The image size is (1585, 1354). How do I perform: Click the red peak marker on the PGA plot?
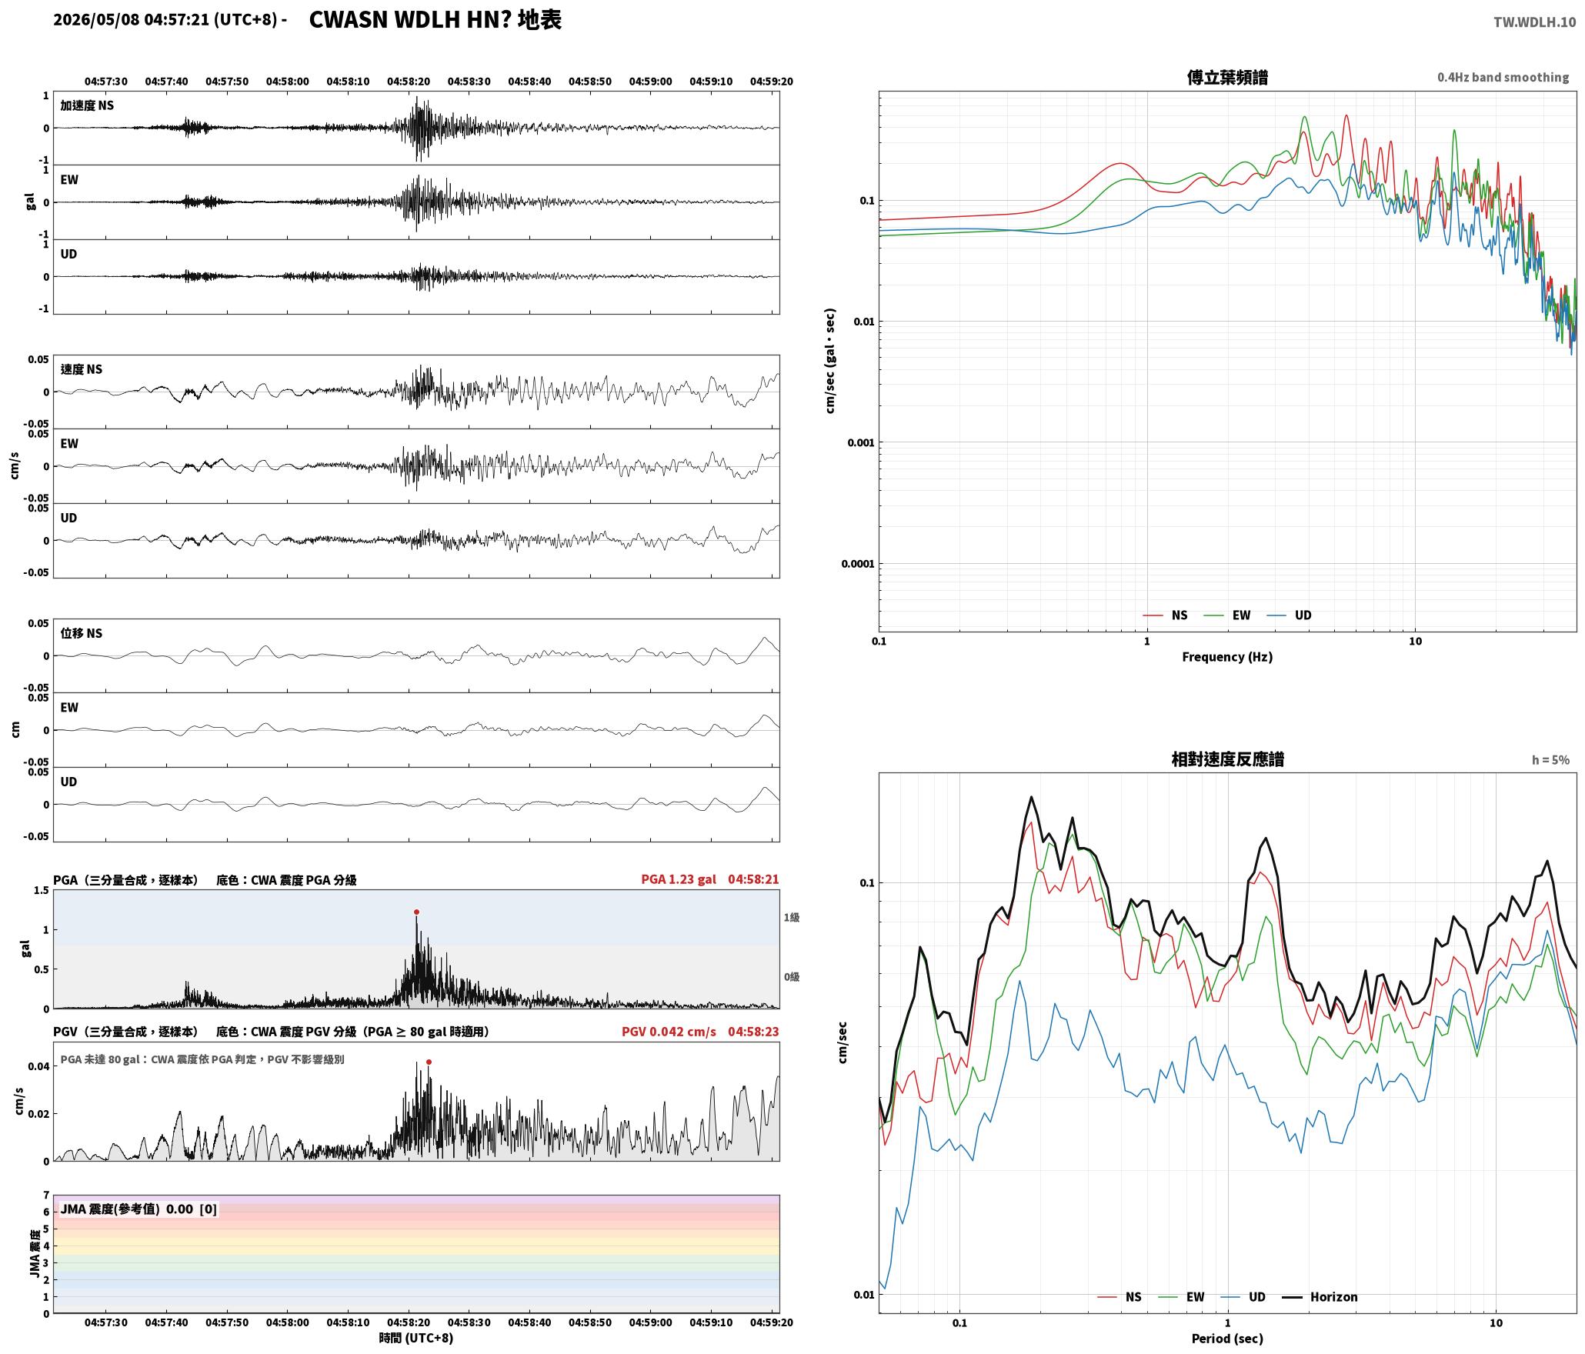click(416, 912)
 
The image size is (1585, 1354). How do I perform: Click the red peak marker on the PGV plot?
click(429, 1062)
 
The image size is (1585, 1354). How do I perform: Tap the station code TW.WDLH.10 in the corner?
click(1534, 22)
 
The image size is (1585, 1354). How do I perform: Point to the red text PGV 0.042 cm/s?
click(669, 1032)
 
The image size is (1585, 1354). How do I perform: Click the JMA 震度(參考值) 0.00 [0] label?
click(138, 1209)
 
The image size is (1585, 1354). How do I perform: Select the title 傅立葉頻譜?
click(1227, 78)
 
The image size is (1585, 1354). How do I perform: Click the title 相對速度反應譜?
click(1227, 759)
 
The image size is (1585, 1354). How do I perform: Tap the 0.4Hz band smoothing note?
click(1503, 78)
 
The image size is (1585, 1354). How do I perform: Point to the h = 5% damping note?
click(1550, 760)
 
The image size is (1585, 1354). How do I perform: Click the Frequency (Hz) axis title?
click(1227, 657)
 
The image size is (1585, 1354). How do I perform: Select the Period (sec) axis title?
click(1227, 1339)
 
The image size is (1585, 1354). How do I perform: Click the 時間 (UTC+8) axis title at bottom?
click(416, 1338)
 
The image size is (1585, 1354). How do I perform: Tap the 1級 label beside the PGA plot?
click(792, 918)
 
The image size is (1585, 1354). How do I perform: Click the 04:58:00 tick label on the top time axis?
click(288, 82)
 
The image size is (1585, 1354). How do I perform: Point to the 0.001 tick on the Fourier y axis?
click(861, 443)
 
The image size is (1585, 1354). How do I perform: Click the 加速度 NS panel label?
click(87, 105)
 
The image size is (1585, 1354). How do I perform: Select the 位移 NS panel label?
click(82, 633)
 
